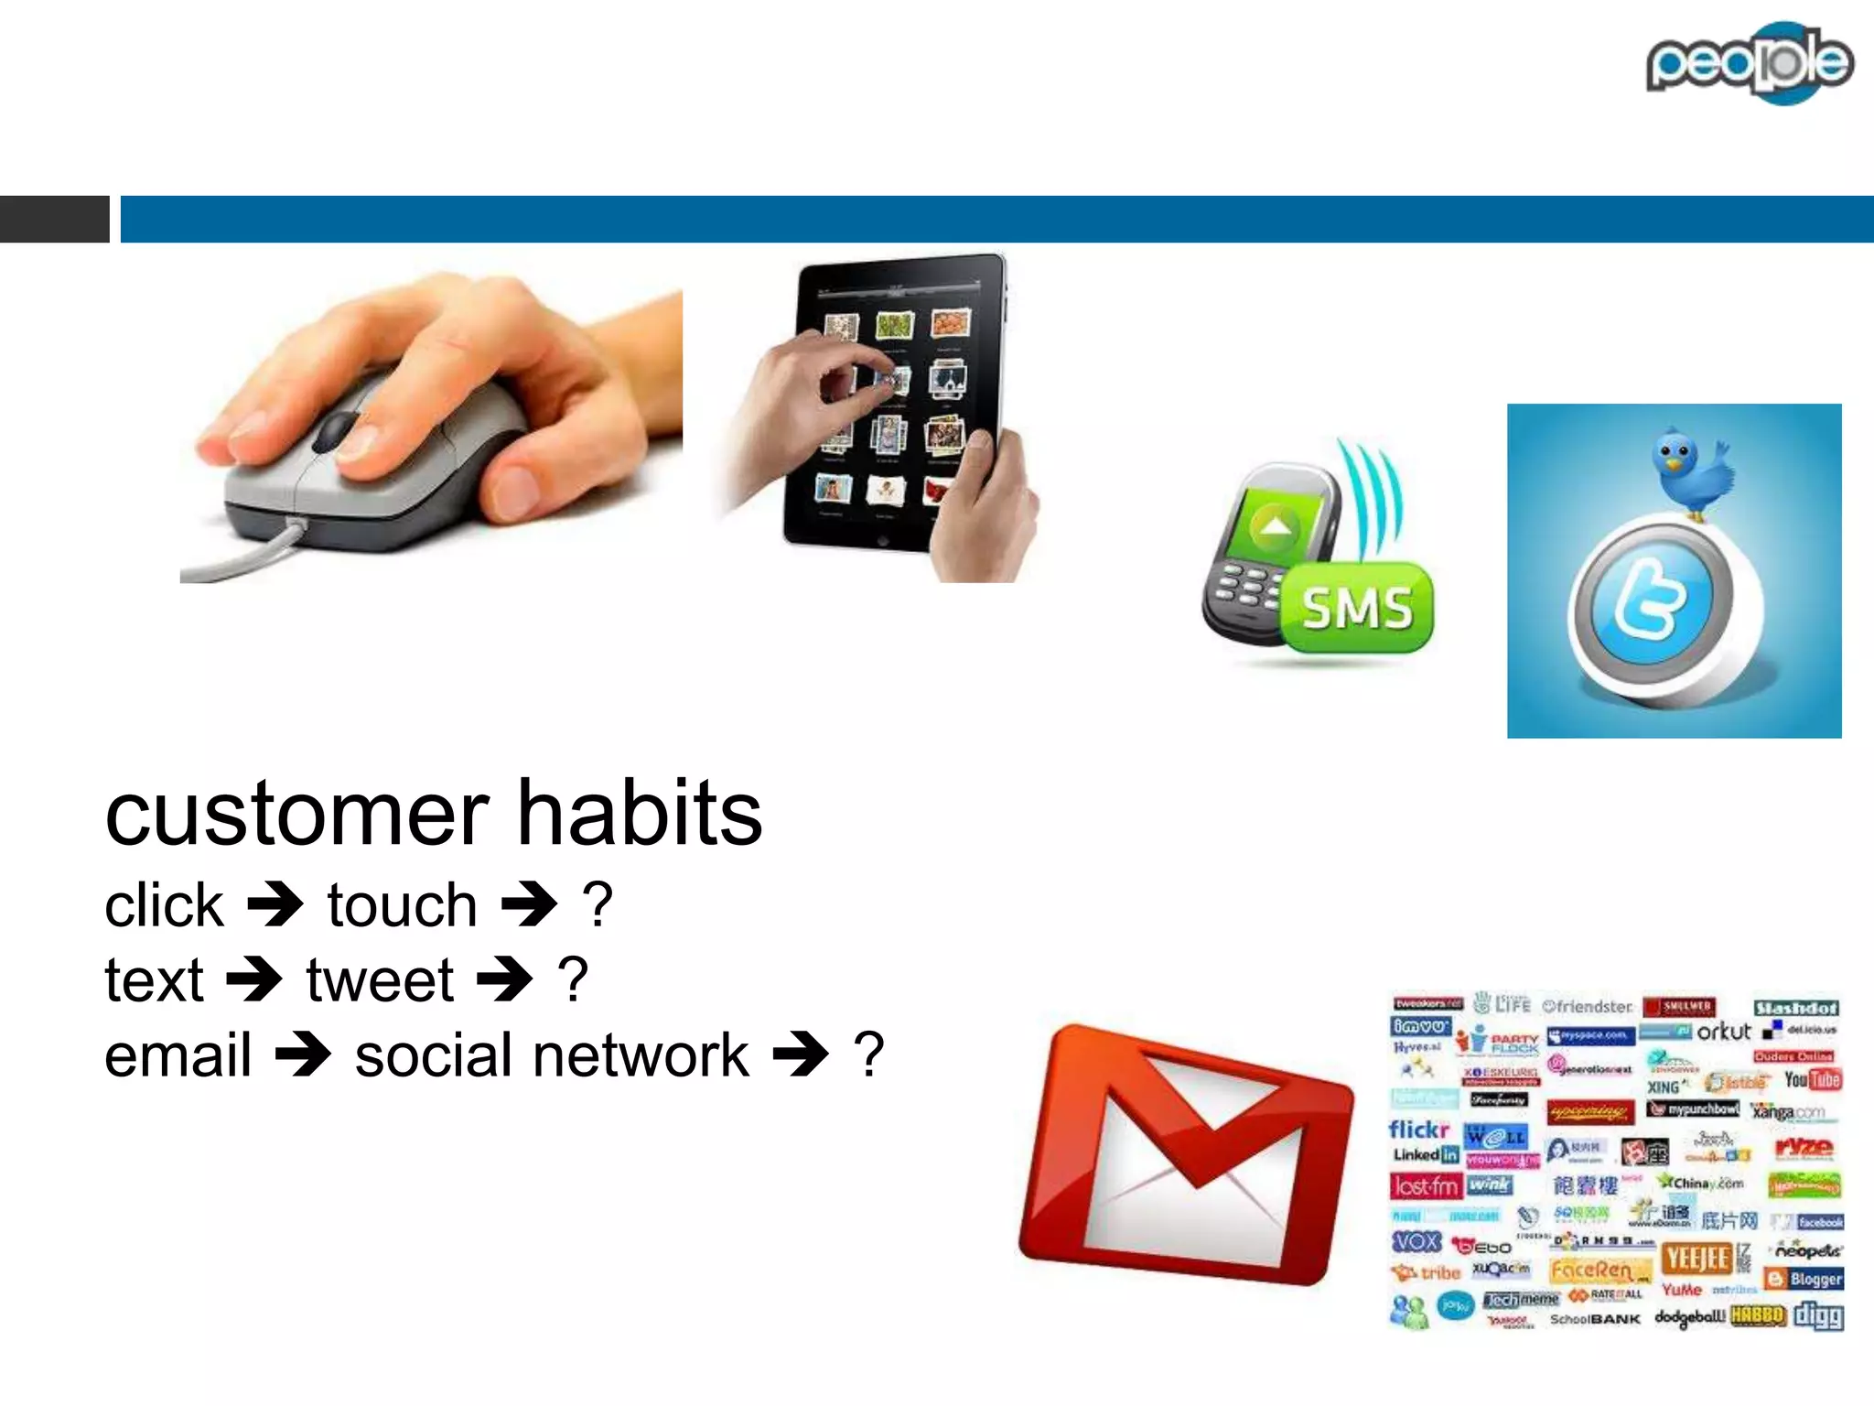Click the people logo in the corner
click(1749, 62)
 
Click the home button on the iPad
click(882, 540)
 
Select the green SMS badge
click(1358, 608)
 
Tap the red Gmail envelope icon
click(1186, 1155)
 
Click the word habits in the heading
click(640, 814)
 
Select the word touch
click(403, 905)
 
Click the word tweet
click(380, 980)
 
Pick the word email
click(178, 1055)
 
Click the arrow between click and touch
click(275, 904)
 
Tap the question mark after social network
click(868, 1055)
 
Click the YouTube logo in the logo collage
click(1812, 1080)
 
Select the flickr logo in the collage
click(1418, 1130)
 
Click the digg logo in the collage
click(1818, 1316)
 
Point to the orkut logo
click(1723, 1032)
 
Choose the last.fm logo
click(1426, 1186)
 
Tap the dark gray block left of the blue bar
click(54, 219)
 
